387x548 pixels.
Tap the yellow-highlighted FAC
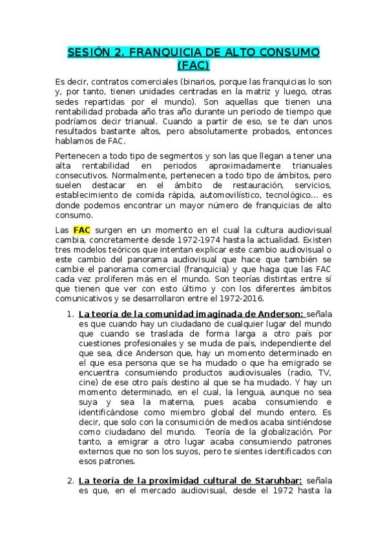point(82,229)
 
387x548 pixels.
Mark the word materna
point(163,408)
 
